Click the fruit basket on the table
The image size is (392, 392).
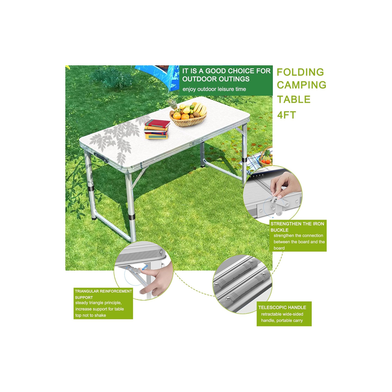click(188, 115)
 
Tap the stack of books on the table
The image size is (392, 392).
click(157, 129)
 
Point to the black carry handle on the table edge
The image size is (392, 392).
click(101, 158)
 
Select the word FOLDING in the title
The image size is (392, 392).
click(300, 72)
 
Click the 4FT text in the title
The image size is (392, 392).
click(286, 115)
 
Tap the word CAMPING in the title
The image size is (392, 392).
click(302, 85)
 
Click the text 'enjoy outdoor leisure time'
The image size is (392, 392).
click(214, 89)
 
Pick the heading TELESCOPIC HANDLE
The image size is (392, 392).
click(282, 308)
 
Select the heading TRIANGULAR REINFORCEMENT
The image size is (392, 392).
click(103, 291)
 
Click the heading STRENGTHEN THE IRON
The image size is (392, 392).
click(297, 224)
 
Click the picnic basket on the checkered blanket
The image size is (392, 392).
click(266, 157)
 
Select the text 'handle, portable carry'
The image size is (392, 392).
click(282, 320)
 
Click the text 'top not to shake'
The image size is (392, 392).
click(91, 315)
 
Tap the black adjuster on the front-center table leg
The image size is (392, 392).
click(131, 217)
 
